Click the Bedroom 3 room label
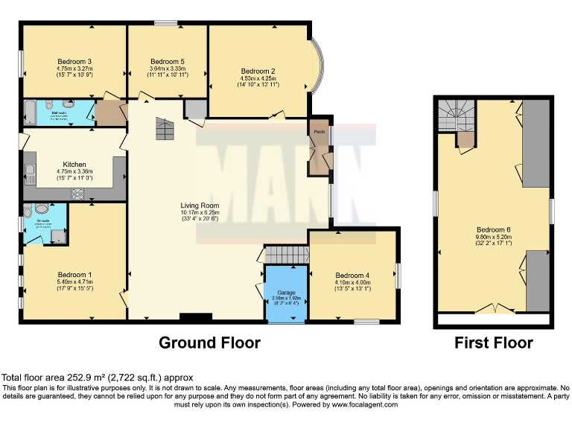click(74, 61)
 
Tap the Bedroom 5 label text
click(167, 61)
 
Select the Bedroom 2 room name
click(258, 71)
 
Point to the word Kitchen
click(74, 165)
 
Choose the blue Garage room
click(287, 293)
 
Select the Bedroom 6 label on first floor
click(493, 229)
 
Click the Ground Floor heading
click(209, 343)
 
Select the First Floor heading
click(494, 343)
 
